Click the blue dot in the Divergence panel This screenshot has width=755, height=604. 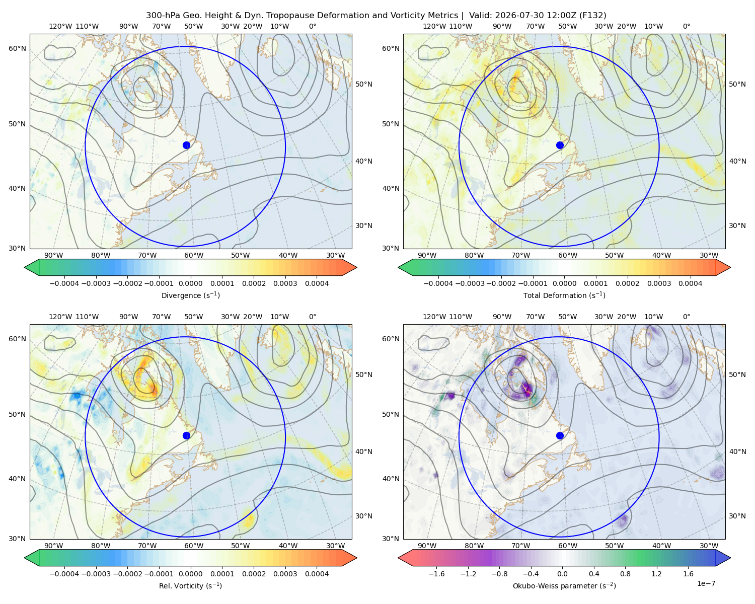186,145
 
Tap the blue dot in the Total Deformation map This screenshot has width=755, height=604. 560,145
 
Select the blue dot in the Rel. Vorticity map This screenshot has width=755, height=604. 186,435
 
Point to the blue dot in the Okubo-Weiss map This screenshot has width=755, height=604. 560,435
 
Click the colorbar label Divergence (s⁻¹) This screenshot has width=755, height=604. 190,295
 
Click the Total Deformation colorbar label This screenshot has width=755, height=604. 564,295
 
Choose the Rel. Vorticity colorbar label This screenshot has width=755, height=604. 190,586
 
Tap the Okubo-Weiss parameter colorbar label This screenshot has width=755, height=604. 564,586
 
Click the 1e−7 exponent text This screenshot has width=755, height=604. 706,583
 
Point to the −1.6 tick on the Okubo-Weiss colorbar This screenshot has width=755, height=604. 436,574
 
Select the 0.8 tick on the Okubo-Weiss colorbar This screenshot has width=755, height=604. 625,574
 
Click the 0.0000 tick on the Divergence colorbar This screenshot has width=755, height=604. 190,283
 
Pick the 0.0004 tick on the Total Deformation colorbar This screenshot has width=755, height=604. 691,283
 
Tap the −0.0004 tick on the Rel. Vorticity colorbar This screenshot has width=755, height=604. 64,574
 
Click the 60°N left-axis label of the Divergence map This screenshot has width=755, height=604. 18,48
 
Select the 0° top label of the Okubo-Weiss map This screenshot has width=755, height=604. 686,317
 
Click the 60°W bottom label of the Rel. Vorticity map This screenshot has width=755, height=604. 194,546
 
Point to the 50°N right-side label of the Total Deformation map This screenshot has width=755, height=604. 737,84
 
